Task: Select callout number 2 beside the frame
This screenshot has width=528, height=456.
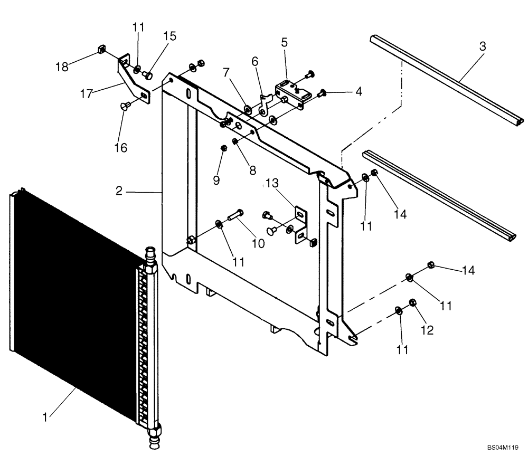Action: pyautogui.click(x=119, y=191)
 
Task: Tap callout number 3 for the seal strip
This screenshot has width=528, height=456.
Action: pyautogui.click(x=482, y=46)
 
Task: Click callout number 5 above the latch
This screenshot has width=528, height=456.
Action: pyautogui.click(x=285, y=43)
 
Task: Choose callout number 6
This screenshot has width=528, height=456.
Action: pyautogui.click(x=255, y=62)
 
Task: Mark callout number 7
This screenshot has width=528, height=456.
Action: pyautogui.click(x=225, y=71)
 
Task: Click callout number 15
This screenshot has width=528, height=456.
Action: pyautogui.click(x=169, y=36)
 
